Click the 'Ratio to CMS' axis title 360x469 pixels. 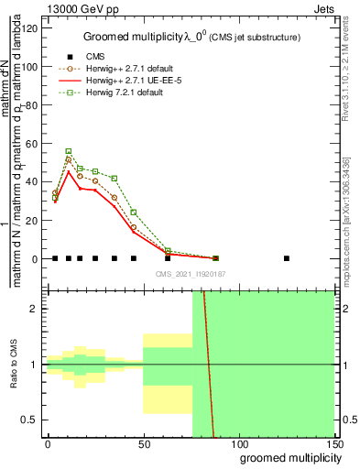pyautogui.click(x=15, y=364)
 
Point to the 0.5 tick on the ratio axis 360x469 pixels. pyautogui.click(x=31, y=420)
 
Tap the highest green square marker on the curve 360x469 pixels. pyautogui.click(x=69, y=151)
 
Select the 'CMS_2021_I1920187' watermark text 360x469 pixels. pyautogui.click(x=188, y=273)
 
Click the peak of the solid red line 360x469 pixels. pyautogui.click(x=69, y=171)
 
